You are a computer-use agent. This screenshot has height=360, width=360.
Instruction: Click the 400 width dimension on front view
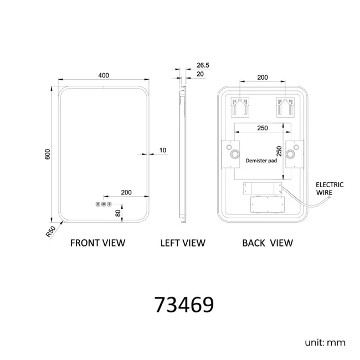coord(104,75)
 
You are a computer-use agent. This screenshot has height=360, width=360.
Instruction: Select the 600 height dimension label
coord(48,155)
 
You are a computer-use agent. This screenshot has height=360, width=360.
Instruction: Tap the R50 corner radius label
coord(50,232)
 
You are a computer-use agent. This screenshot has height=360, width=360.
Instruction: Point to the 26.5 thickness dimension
coord(203,65)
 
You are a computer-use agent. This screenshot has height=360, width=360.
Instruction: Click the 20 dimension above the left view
coord(200,74)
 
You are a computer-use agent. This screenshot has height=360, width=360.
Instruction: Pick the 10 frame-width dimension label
coord(162,151)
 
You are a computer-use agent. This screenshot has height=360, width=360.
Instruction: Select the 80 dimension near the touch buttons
coord(118,213)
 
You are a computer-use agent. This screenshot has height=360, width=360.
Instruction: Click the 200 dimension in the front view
coord(126,192)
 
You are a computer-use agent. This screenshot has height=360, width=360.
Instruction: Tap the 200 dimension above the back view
coord(263,78)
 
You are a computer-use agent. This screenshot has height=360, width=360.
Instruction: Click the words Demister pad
coord(261,161)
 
